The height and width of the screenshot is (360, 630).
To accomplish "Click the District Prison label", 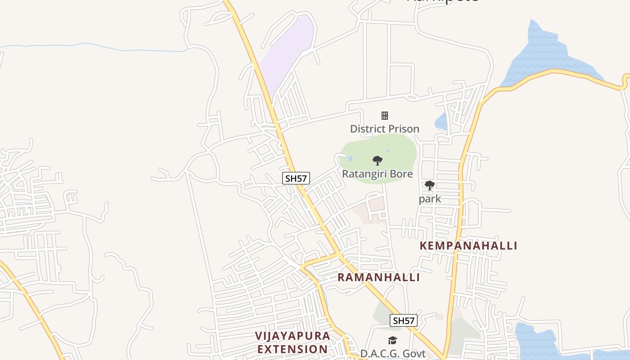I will coord(384,129).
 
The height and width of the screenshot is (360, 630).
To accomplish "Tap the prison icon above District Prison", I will coord(385,116).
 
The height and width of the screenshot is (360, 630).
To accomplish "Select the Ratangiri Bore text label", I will coord(377,174).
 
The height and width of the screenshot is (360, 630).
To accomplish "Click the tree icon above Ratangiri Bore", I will coord(378,161).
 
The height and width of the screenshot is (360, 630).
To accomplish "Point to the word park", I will coord(430,199).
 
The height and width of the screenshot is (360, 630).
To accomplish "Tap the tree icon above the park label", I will coord(430,185).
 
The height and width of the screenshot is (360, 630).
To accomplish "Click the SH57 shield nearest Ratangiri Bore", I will coord(296,178).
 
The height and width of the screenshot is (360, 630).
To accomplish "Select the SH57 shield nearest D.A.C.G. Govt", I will coord(403,320).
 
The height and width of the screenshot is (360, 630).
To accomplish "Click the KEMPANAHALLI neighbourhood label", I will coord(468,246).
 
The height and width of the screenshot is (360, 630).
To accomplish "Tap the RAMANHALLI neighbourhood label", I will coord(378,277).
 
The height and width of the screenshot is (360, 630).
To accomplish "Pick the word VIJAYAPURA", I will coord(292,336).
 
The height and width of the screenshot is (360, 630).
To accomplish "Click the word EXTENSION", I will coord(292,349).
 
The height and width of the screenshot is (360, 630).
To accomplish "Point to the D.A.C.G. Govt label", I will coord(392,354).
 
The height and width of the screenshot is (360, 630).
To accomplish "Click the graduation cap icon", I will coord(393,341).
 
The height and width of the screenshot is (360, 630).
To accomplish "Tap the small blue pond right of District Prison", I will coord(441,121).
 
